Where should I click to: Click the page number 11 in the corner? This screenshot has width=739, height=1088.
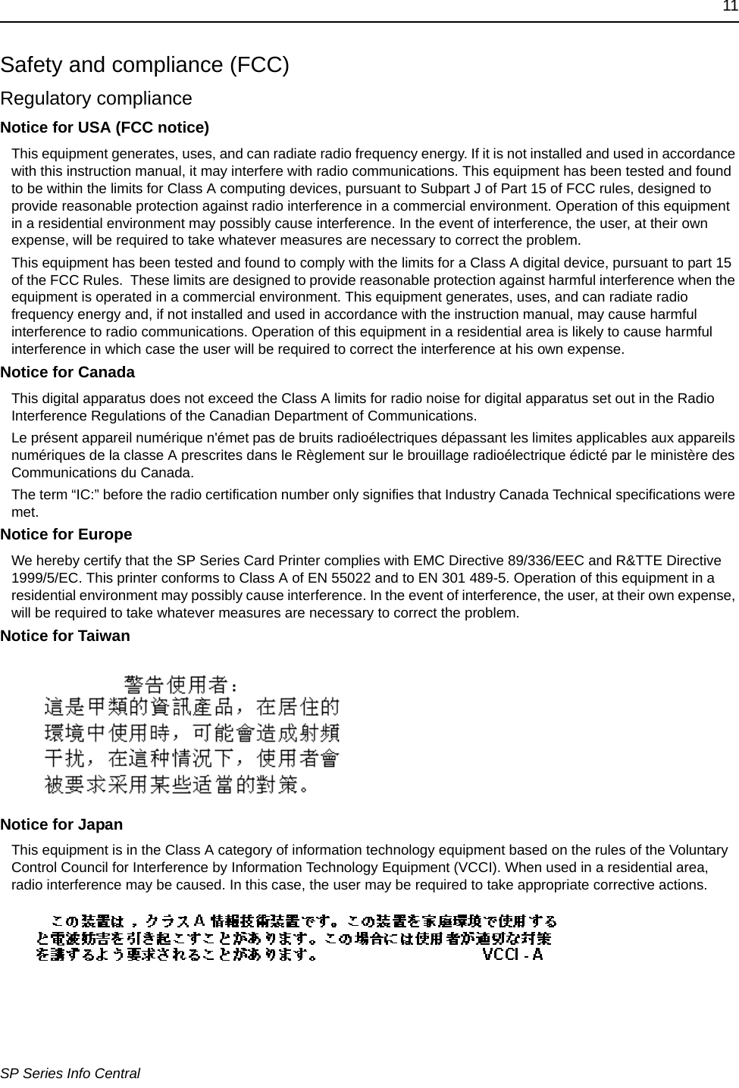(729, 7)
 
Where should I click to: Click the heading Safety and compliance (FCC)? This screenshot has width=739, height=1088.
(145, 64)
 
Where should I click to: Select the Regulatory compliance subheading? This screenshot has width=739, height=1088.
(96, 98)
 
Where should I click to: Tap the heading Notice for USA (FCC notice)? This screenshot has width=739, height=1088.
(105, 127)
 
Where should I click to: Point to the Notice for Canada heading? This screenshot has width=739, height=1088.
(67, 372)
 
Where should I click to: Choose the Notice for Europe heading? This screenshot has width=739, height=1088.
(66, 534)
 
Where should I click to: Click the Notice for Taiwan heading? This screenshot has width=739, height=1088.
(65, 636)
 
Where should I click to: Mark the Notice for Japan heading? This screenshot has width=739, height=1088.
(61, 824)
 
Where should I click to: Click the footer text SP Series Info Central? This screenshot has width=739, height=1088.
(70, 1073)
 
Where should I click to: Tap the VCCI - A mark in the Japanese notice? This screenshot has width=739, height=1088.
(513, 954)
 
